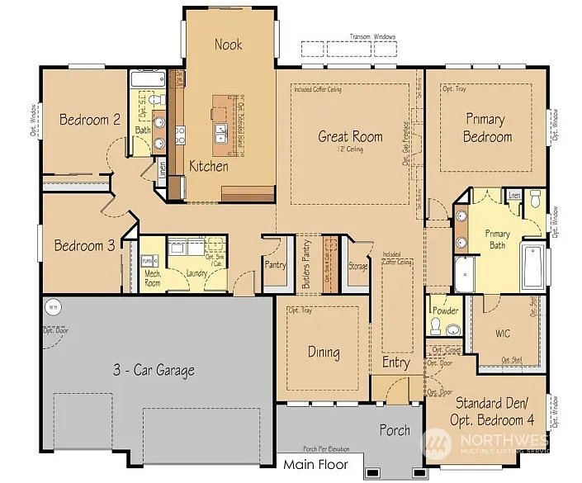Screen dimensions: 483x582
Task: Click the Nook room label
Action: point(228,44)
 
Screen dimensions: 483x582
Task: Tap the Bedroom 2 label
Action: point(90,120)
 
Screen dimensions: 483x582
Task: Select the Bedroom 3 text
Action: point(85,245)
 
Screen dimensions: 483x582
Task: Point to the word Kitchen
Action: point(209,166)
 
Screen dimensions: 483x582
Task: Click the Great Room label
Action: point(350,136)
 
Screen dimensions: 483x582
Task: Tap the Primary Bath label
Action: point(497,239)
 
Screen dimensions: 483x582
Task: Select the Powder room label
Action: point(446,311)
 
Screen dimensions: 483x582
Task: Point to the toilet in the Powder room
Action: point(452,329)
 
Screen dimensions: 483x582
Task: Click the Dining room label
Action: point(324,353)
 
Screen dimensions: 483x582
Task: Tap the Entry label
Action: point(395,362)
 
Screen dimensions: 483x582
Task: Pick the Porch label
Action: point(395,430)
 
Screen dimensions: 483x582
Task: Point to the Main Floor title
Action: point(316,465)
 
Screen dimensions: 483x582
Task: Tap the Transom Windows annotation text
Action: point(373,37)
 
